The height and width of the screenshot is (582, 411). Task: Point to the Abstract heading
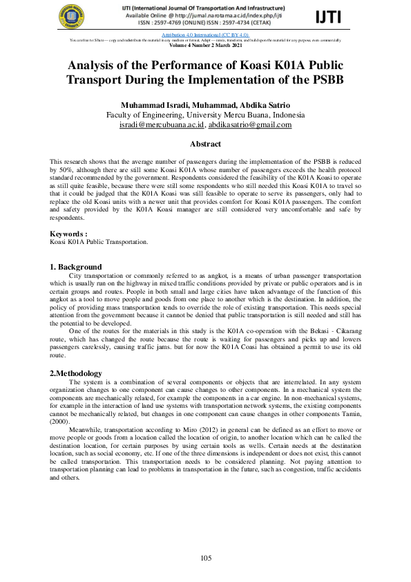205,144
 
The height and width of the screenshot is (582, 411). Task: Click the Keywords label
68,234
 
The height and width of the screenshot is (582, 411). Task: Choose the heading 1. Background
76,267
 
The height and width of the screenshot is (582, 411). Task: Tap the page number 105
206,558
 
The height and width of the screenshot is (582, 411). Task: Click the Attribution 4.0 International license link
204,34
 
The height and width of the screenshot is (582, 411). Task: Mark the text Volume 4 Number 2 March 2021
205,45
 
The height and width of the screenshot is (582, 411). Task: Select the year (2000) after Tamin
61,420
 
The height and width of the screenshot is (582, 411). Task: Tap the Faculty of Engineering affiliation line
205,115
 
